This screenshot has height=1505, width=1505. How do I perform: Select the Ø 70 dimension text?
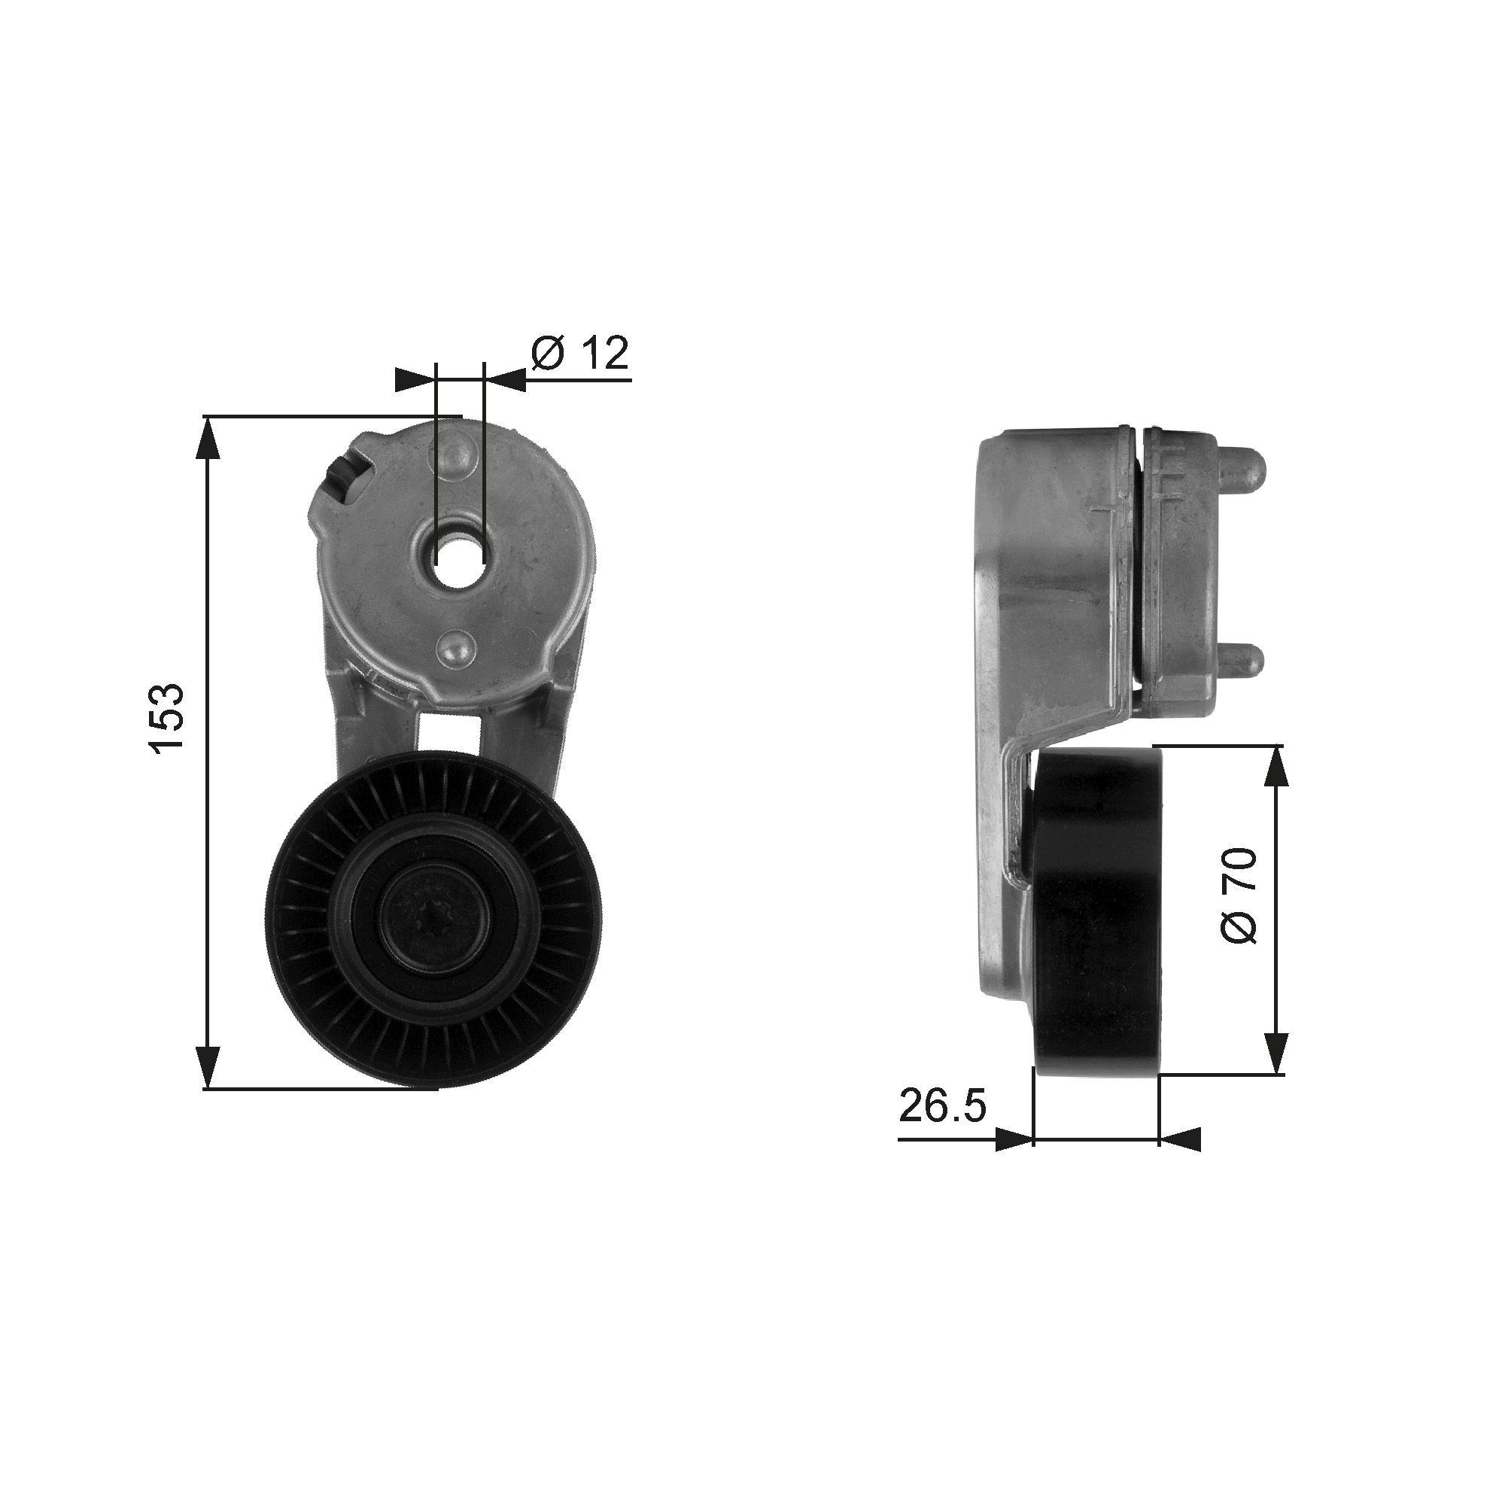tap(1238, 895)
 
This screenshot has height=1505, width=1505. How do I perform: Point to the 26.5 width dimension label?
tap(943, 1106)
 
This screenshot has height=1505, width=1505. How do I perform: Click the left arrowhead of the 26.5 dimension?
tap(1014, 1139)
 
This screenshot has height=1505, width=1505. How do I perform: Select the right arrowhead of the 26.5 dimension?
tap(1180, 1139)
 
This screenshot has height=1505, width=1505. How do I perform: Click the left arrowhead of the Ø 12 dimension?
tap(415, 380)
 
